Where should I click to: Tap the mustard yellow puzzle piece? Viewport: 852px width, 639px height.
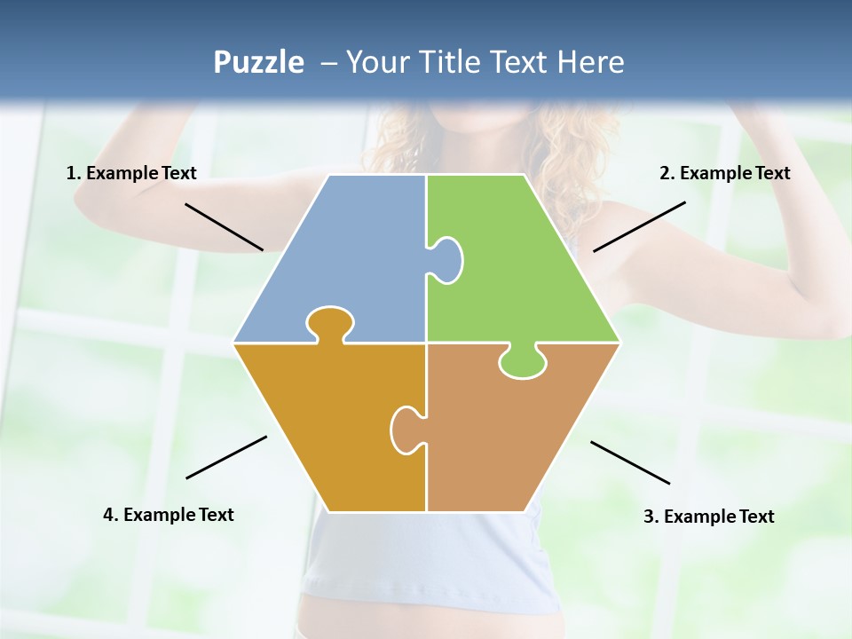point(328,426)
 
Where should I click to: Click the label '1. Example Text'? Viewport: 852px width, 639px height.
point(131,174)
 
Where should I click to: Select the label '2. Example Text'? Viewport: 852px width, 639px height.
point(724,174)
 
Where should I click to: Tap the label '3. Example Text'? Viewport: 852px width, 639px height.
point(708,517)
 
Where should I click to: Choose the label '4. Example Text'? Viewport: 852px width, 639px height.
point(168,515)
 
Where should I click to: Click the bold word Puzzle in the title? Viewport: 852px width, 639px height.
point(258,62)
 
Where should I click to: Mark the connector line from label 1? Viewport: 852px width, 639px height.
point(224,226)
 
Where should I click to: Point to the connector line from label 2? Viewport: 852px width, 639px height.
point(639,226)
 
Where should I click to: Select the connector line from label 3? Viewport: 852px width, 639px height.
point(630,462)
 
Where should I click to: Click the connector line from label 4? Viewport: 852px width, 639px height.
point(226,457)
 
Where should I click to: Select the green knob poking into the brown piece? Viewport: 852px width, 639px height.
point(523,362)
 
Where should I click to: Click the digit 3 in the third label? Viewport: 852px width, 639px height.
point(648,517)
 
